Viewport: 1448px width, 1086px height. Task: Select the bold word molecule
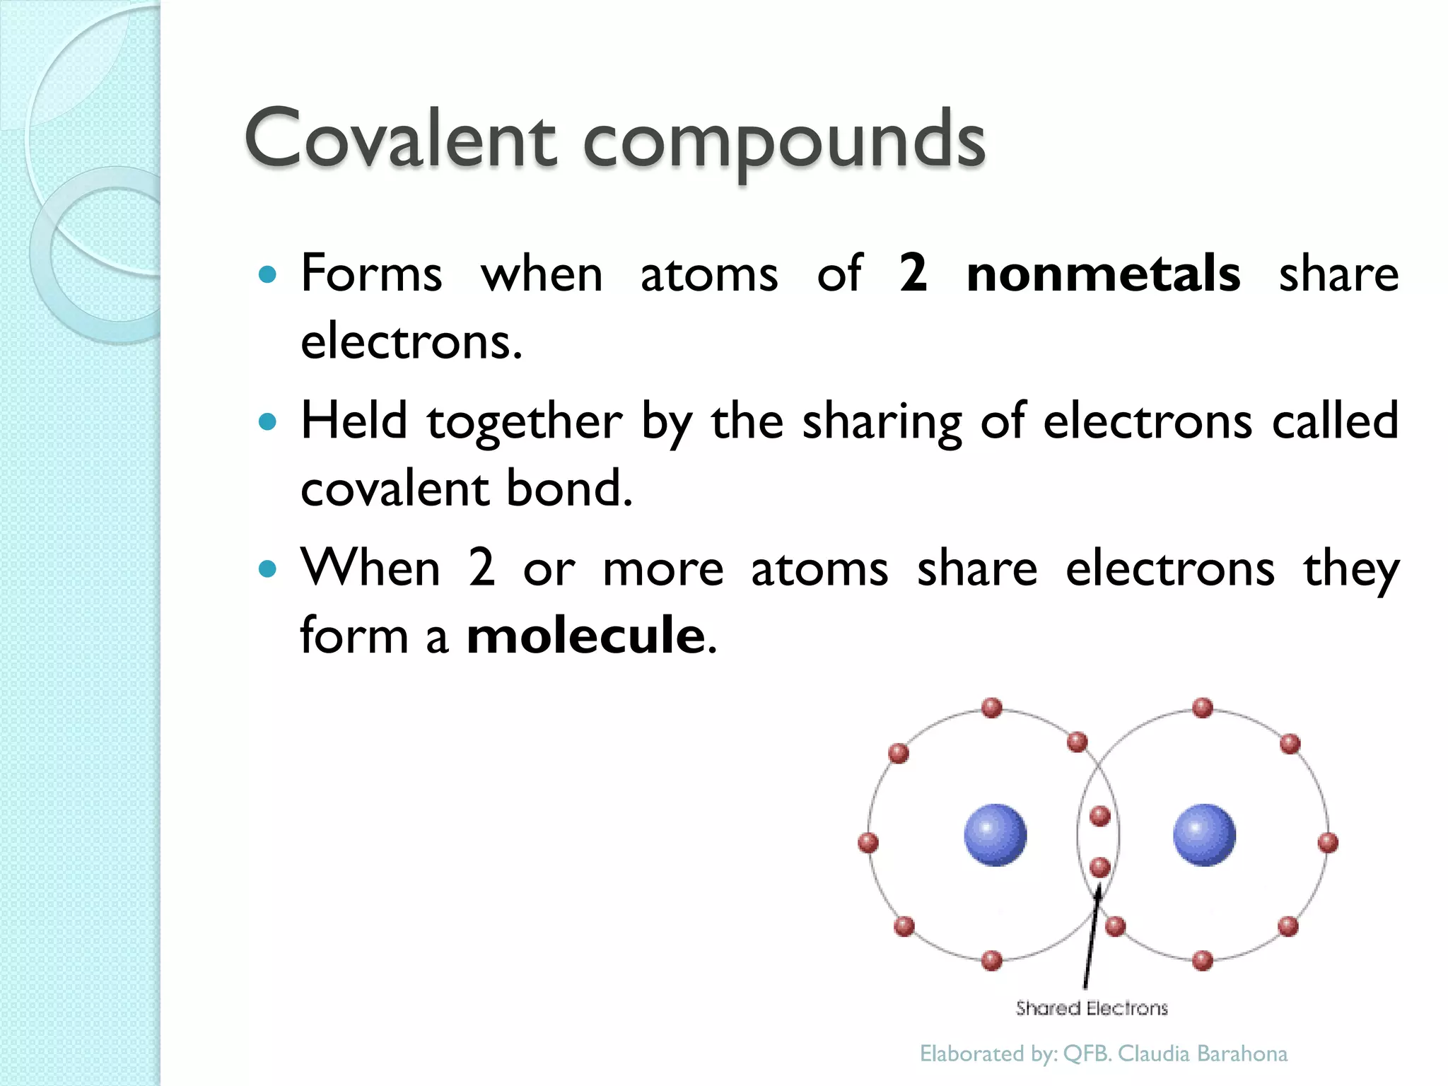pyautogui.click(x=586, y=635)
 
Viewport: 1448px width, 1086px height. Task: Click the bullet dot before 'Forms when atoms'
pyautogui.click(x=267, y=274)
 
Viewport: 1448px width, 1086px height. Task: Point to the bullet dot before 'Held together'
pyautogui.click(x=267, y=422)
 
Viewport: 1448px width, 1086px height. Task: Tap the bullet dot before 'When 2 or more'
pyautogui.click(x=267, y=568)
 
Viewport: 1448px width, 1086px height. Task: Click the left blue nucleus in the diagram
pyautogui.click(x=995, y=834)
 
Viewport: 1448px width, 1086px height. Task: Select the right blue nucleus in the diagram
pyautogui.click(x=1204, y=834)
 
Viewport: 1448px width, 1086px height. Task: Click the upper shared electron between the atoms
pyautogui.click(x=1100, y=817)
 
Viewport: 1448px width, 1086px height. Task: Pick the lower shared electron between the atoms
pyautogui.click(x=1100, y=867)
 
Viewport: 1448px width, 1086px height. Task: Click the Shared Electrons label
pyautogui.click(x=1092, y=1008)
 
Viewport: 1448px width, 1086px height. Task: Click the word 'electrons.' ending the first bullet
pyautogui.click(x=411, y=341)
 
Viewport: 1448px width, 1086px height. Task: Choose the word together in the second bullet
pyautogui.click(x=524, y=422)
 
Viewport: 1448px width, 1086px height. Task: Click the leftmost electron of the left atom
pyautogui.click(x=868, y=843)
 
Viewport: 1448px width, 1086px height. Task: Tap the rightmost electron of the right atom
pyautogui.click(x=1329, y=843)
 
